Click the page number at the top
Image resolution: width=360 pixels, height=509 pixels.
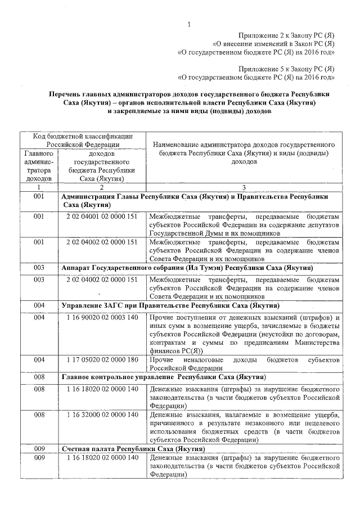[190, 24]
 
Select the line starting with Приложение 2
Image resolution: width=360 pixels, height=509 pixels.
[287, 35]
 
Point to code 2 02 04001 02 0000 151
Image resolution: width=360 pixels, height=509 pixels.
[102, 216]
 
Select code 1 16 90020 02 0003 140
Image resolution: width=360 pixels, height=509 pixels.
[102, 318]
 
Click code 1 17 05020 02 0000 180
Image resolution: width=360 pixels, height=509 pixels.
[102, 359]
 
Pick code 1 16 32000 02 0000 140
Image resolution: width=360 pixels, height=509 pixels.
[102, 415]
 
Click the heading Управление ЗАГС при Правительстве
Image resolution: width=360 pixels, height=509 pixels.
[170, 305]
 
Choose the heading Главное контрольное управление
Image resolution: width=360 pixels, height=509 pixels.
[163, 376]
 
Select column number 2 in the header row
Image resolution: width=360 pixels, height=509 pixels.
[102, 187]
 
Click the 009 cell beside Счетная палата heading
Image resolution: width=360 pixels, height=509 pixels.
[39, 449]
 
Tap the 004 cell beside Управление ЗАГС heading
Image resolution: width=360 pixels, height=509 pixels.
[39, 305]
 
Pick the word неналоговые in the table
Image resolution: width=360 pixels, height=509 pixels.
[207, 359]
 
